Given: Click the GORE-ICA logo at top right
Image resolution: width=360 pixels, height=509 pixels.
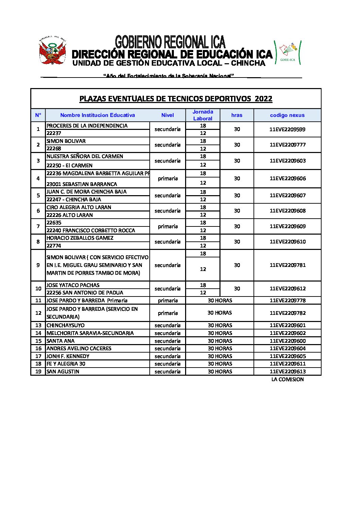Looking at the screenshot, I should (288, 52).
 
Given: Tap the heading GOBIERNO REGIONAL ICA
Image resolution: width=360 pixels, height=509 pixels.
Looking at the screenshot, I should (170, 42).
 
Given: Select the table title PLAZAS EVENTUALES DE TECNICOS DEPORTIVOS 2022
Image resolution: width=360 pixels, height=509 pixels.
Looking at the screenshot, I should (176, 99).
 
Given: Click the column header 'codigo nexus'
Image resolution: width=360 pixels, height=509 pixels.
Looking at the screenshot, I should (287, 115).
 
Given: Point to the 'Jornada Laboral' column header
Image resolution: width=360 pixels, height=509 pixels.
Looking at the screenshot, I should (203, 115).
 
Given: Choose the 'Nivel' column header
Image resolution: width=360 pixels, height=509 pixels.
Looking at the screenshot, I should (167, 115).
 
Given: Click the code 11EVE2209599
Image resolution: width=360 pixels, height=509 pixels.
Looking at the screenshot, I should (288, 129).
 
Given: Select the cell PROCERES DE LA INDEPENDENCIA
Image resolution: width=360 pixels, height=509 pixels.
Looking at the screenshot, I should (87, 126).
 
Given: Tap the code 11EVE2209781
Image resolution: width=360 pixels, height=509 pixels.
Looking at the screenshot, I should (288, 265).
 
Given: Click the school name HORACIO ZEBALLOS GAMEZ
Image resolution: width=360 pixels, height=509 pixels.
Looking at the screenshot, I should (80, 238).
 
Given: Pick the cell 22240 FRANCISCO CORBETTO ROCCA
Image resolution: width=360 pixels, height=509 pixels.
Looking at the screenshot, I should (91, 231).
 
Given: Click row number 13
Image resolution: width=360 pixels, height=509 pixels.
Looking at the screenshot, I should (38, 325).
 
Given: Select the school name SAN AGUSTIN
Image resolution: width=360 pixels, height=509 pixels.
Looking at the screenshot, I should (63, 372).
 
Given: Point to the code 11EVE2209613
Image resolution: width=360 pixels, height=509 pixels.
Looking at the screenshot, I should (288, 372).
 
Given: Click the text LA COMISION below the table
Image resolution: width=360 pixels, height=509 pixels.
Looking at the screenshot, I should (288, 379).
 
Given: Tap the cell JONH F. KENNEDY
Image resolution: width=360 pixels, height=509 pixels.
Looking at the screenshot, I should (68, 356).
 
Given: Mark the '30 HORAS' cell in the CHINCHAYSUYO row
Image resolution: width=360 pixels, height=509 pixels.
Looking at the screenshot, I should (220, 325).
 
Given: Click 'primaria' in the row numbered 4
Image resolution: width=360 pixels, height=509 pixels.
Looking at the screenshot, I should (167, 179).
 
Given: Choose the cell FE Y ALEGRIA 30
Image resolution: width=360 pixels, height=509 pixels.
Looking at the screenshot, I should (66, 364).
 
